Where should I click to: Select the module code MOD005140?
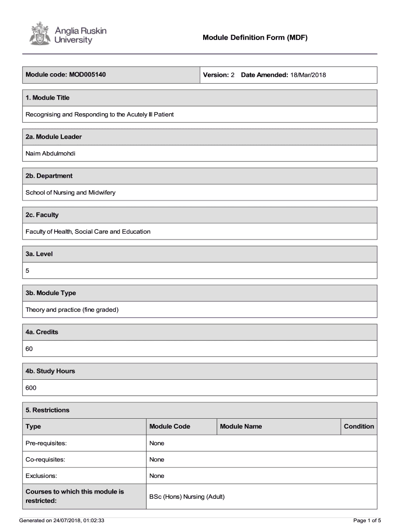click(87, 75)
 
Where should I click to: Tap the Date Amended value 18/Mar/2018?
click(308, 75)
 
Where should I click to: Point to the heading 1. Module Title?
click(47, 98)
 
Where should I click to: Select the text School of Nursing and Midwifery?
click(71, 192)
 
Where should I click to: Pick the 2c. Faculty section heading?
click(42, 215)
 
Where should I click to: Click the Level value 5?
click(28, 270)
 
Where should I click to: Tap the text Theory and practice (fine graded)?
click(72, 310)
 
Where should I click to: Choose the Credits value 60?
click(29, 349)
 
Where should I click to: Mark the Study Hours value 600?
click(31, 388)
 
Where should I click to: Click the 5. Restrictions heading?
click(47, 410)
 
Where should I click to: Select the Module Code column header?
click(169, 427)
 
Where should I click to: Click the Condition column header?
click(358, 427)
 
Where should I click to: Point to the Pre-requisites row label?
click(46, 443)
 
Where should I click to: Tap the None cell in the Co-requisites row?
click(156, 459)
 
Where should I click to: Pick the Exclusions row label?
click(42, 476)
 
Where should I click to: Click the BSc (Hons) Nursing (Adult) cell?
click(186, 497)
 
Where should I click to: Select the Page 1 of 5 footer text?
click(367, 521)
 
